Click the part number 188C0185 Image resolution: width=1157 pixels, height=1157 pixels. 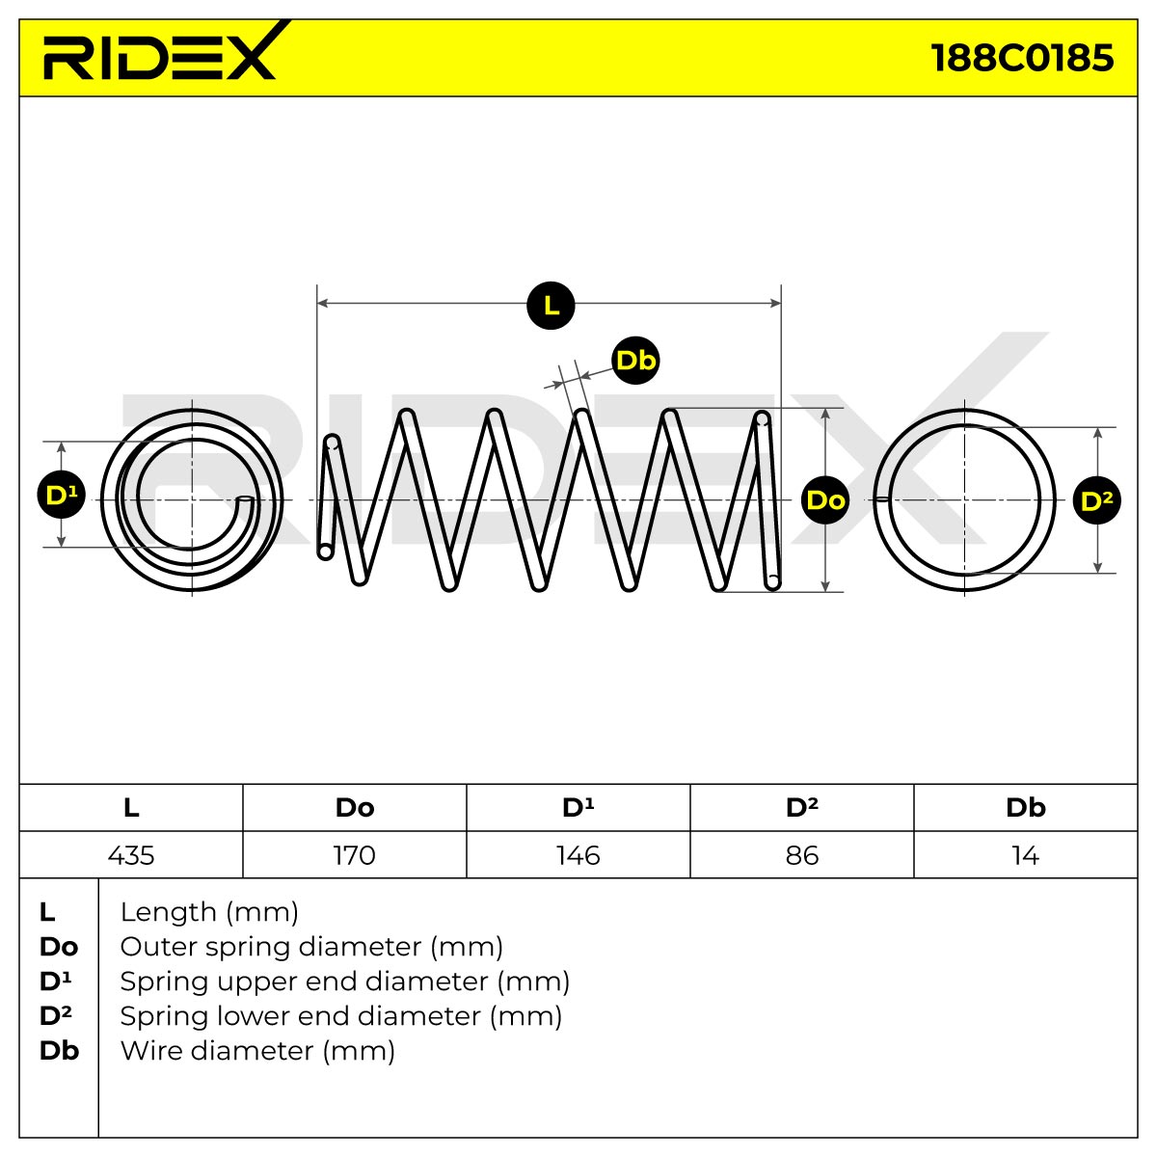(1022, 58)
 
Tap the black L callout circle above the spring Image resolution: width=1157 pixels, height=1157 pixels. (551, 306)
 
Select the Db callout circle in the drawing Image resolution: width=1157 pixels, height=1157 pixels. (635, 361)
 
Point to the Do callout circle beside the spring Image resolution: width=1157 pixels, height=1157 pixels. (825, 500)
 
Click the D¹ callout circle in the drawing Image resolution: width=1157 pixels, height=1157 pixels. (62, 495)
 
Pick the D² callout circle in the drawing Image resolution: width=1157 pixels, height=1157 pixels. (1097, 500)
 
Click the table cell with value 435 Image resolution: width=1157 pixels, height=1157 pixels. (131, 855)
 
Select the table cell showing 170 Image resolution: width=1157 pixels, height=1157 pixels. (355, 855)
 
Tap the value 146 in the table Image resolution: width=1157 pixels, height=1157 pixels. (578, 855)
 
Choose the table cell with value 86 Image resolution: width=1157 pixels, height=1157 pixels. (802, 855)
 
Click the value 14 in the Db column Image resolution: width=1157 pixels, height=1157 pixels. (1026, 855)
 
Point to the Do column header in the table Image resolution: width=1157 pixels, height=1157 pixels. (355, 808)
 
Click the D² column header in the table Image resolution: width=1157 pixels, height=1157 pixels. (802, 808)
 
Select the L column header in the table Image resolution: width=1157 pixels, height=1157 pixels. (131, 808)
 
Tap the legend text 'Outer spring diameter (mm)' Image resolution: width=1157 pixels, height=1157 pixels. (311, 947)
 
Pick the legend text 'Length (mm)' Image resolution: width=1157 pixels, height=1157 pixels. (209, 912)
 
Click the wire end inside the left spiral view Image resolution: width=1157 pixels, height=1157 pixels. (244, 498)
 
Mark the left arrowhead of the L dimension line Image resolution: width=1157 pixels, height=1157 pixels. (322, 303)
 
